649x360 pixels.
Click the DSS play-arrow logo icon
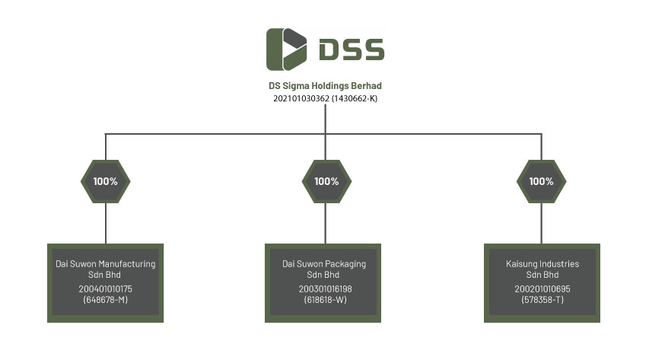coord(286,49)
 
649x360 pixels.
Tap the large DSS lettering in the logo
coord(352,49)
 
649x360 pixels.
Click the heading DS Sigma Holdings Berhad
coord(326,86)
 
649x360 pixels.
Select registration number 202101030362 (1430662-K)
coord(326,98)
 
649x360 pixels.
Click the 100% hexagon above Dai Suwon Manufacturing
coord(106,181)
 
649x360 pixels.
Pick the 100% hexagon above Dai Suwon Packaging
coord(326,181)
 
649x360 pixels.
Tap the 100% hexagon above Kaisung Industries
coord(542,181)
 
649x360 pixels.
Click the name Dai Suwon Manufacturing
coord(106,264)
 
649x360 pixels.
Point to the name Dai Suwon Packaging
coord(324,264)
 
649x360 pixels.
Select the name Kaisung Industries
coord(542,264)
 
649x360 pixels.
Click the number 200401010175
coord(106,288)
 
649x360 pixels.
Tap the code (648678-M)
coord(106,300)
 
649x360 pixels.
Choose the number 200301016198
coord(326,288)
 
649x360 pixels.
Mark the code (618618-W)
coord(326,300)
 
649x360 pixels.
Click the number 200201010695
coord(542,288)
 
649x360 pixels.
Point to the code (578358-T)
coord(542,300)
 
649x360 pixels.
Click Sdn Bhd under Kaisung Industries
coord(542,275)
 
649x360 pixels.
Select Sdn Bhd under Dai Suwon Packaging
coord(323,275)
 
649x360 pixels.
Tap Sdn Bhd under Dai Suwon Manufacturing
coord(104,275)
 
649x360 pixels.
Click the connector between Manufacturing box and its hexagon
coord(106,223)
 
